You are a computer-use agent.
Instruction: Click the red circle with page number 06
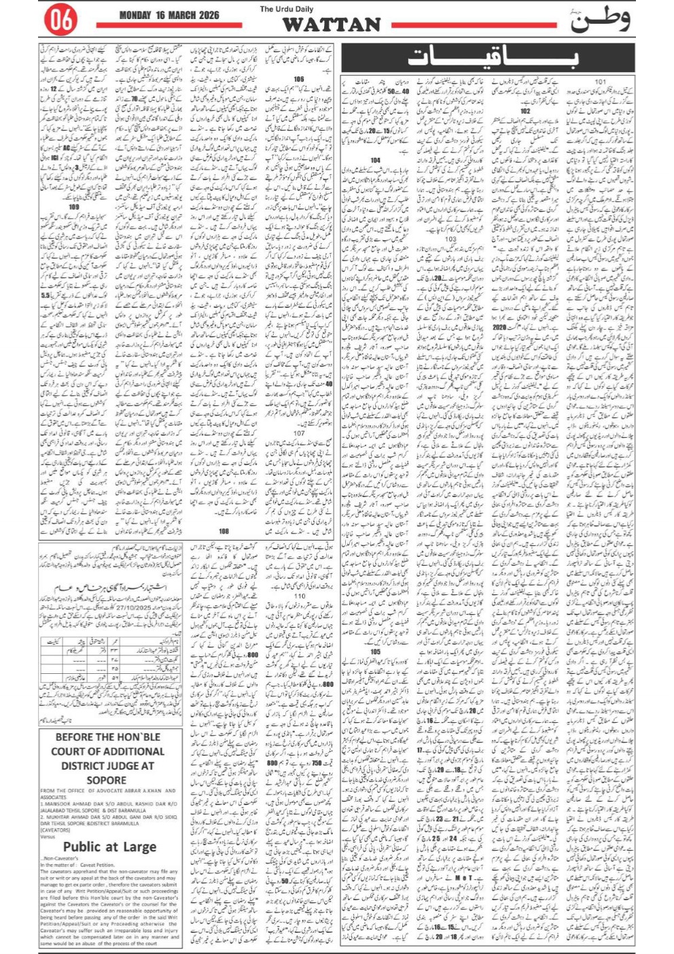click(x=60, y=21)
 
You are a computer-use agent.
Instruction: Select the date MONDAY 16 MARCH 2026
click(x=167, y=15)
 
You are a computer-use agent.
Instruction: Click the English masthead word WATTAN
click(x=332, y=24)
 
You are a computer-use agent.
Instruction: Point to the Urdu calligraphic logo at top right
click(x=599, y=20)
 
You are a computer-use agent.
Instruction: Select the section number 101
click(x=600, y=82)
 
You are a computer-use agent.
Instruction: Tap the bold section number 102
click(x=525, y=110)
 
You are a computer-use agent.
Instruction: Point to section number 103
click(x=450, y=239)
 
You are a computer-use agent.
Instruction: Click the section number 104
click(x=375, y=160)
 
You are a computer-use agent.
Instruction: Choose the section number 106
click(x=298, y=80)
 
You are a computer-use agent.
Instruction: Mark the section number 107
click(x=299, y=432)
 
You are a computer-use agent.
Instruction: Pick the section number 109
click(x=73, y=207)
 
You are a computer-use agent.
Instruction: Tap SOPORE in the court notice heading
click(x=107, y=780)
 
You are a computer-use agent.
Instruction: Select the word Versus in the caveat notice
click(x=48, y=836)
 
